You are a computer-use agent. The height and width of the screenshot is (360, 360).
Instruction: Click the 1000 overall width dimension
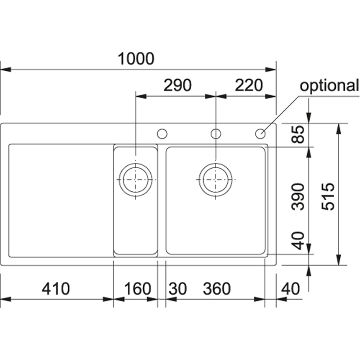[136, 59]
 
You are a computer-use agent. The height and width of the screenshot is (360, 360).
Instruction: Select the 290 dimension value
[177, 85]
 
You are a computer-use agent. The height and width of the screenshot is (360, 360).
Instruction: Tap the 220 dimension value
[249, 85]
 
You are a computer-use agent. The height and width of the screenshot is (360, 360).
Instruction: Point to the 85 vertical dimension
[298, 134]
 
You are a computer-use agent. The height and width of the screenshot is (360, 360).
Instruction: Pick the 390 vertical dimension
[298, 196]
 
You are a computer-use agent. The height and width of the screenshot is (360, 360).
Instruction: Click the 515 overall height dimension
[328, 196]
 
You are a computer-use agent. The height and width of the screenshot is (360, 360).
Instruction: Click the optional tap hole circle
[260, 134]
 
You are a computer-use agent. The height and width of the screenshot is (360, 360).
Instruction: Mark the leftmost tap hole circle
[162, 134]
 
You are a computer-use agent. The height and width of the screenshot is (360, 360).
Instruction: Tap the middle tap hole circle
[216, 134]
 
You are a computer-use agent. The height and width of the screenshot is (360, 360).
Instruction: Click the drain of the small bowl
[136, 180]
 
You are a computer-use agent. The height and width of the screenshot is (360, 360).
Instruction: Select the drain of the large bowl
[216, 180]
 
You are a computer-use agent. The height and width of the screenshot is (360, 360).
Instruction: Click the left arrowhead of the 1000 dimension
[6, 69]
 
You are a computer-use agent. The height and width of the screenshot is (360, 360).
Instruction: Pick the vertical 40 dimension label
[298, 241]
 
